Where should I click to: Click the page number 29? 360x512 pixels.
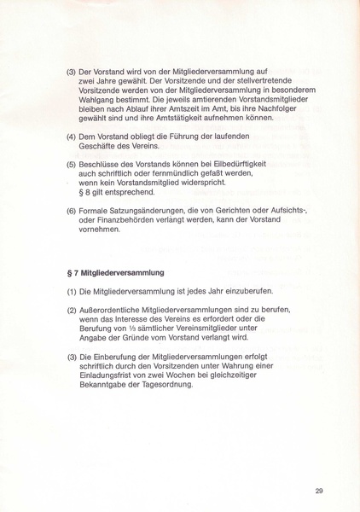tap(319, 490)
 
